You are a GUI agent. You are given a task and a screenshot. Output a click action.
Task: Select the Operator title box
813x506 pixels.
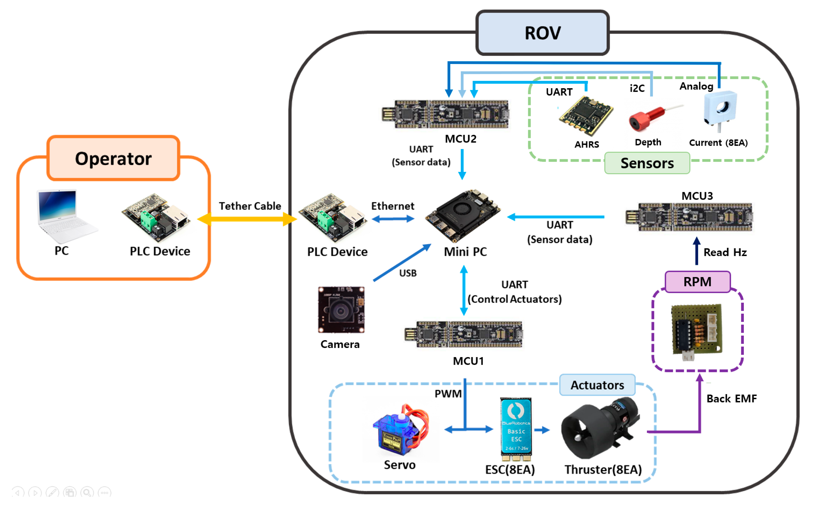[113, 158]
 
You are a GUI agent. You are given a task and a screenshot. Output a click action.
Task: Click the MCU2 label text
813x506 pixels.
[460, 139]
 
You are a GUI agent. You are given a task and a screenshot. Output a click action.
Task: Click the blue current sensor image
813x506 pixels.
[720, 109]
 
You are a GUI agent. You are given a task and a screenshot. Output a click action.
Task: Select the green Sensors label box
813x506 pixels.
[647, 163]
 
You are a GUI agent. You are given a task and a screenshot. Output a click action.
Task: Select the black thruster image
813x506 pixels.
[600, 428]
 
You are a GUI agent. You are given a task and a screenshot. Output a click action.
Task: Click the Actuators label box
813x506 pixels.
[597, 385]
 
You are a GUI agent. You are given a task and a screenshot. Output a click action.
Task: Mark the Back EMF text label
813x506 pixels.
[731, 398]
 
